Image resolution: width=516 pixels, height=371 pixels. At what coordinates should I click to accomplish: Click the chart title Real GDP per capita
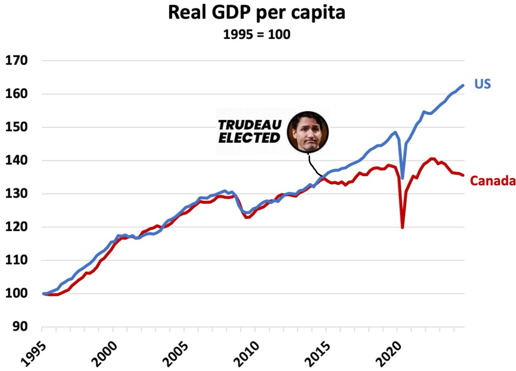(x=256, y=13)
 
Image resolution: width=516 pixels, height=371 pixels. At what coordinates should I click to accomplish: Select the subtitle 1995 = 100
(x=256, y=34)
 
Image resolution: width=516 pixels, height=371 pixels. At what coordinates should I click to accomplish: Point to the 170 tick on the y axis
(x=16, y=61)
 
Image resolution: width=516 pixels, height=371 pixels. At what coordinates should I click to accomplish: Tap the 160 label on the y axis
(x=16, y=94)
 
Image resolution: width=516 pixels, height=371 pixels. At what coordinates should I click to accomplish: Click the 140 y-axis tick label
(x=16, y=160)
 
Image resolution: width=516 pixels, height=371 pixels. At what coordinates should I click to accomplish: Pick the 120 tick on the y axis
(x=16, y=227)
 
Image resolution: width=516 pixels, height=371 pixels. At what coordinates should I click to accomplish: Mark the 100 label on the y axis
(x=16, y=293)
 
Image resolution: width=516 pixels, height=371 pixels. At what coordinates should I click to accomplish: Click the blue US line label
(x=483, y=84)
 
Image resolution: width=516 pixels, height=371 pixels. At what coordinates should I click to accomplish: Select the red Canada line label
(x=493, y=181)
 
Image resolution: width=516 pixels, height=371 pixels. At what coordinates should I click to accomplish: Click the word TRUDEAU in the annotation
(x=250, y=125)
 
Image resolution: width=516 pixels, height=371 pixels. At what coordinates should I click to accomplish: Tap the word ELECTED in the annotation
(x=249, y=138)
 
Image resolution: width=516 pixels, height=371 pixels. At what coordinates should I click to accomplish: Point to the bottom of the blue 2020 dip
(x=403, y=178)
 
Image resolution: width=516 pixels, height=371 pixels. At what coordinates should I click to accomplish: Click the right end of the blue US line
(x=463, y=85)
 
